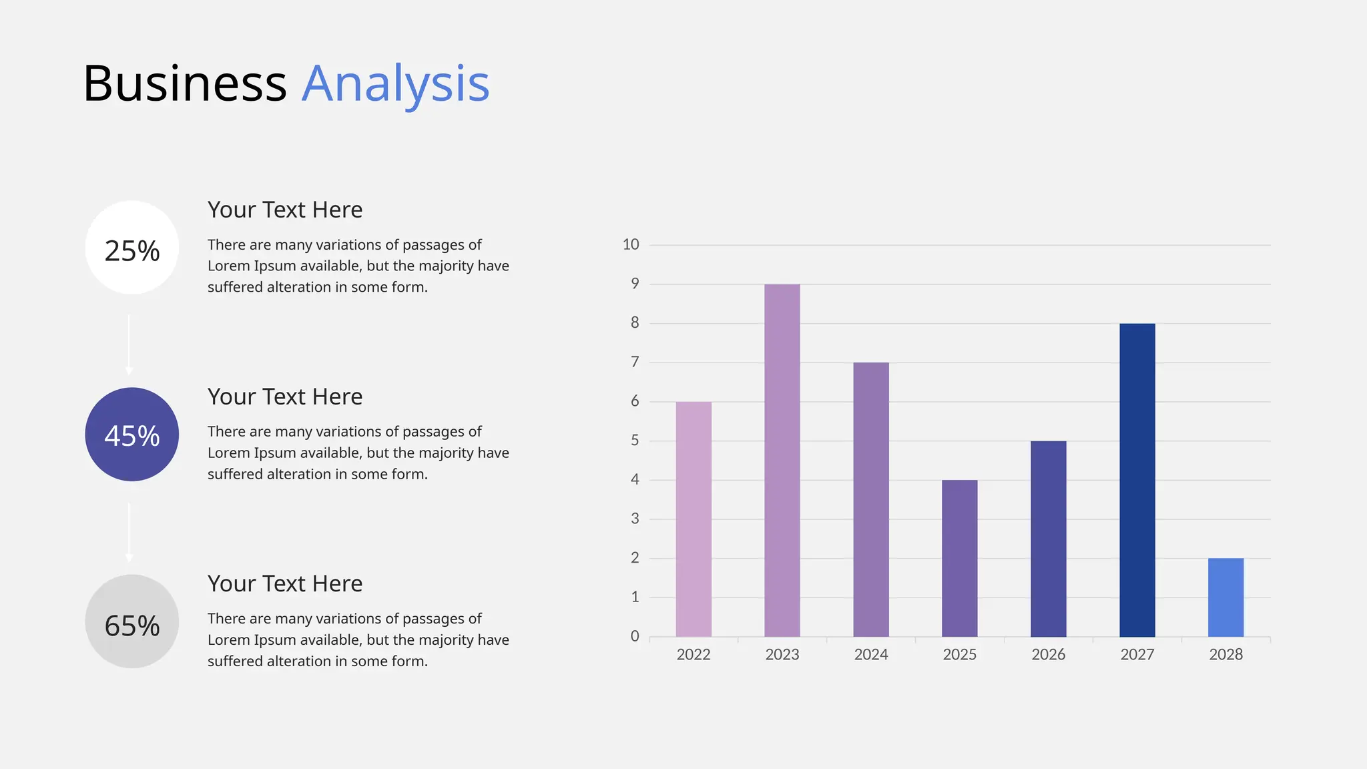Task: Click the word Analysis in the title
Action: (x=395, y=84)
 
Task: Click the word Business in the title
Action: (x=185, y=84)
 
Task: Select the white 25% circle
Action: (x=132, y=248)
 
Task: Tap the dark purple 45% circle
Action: (x=132, y=435)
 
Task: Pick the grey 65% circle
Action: (x=132, y=621)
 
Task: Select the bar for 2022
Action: (x=694, y=519)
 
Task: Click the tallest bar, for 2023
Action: (x=782, y=461)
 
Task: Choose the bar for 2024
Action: (x=871, y=499)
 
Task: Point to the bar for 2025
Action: (x=960, y=558)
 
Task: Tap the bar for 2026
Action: (x=1049, y=539)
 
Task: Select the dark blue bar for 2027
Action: (x=1137, y=480)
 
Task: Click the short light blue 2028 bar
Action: (x=1226, y=597)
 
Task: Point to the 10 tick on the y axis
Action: (x=631, y=244)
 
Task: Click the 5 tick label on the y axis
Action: (x=635, y=441)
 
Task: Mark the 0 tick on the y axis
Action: (x=635, y=636)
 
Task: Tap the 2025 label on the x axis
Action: (x=960, y=654)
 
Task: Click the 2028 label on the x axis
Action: (x=1226, y=654)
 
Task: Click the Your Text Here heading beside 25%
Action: (x=285, y=210)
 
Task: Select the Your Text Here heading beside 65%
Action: (x=285, y=583)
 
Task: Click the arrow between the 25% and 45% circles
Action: (x=129, y=344)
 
